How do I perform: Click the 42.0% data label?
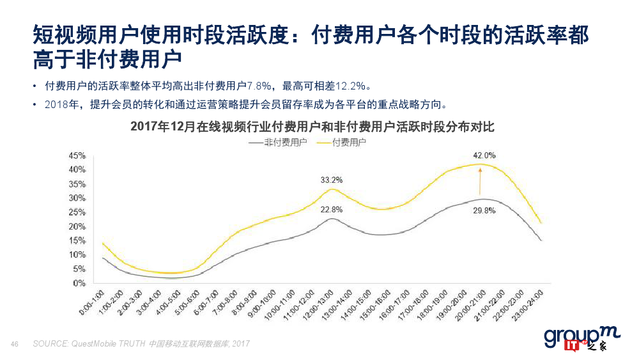tap(484, 155)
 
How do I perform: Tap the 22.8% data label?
tap(331, 209)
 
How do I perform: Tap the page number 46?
tap(15, 344)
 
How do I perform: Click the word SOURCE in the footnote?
tap(49, 344)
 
